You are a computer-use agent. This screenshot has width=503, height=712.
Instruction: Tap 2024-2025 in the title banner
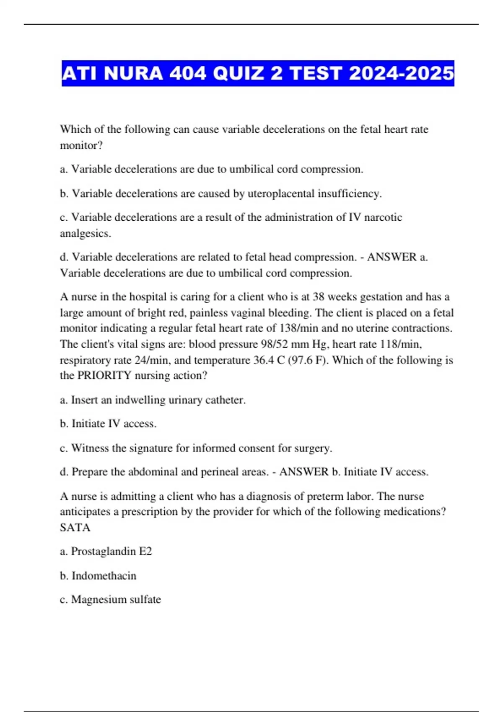[401, 73]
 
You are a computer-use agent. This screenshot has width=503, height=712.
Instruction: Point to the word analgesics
[86, 233]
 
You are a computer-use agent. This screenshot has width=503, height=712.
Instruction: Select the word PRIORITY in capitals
[104, 375]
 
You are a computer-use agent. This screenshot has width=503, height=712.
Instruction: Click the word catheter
[225, 400]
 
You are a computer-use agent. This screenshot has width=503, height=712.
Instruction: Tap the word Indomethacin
[104, 576]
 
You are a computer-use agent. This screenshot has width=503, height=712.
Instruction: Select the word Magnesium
[97, 599]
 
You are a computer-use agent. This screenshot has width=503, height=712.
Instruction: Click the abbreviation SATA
[75, 527]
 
